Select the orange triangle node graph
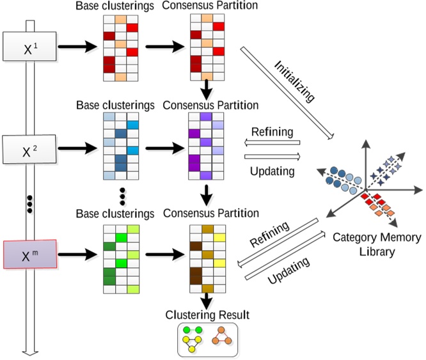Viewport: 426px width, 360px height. [221, 336]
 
